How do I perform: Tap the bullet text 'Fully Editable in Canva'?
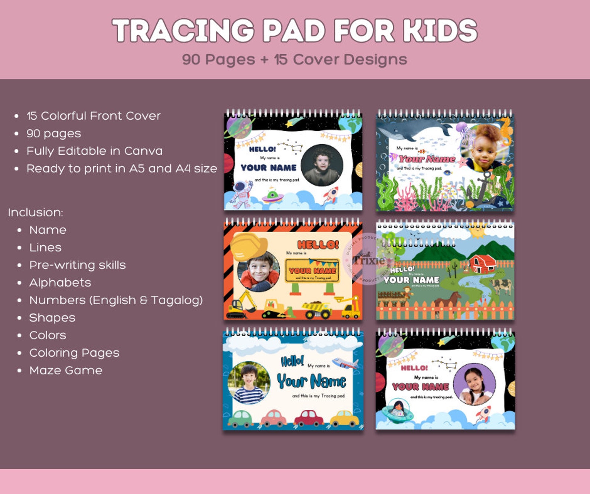pos(94,151)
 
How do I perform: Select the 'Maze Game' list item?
pos(66,370)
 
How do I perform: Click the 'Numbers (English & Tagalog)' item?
pos(116,300)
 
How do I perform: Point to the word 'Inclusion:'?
pos(36,212)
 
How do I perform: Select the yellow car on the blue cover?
pos(344,418)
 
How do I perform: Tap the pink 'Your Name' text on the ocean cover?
pos(427,159)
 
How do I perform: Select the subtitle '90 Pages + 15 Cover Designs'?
pos(295,59)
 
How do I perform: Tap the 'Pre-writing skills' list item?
pos(77,265)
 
